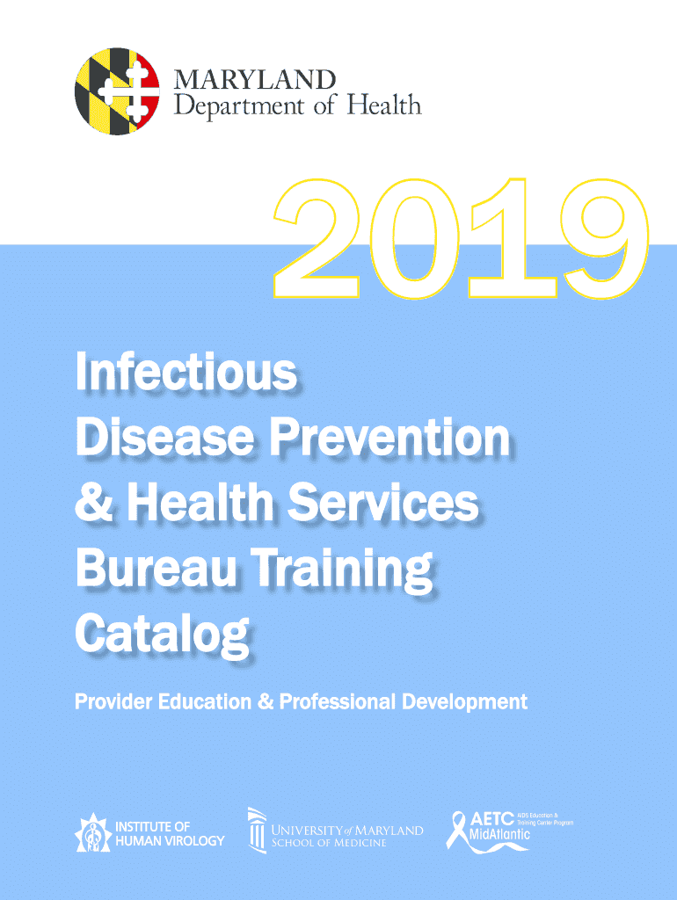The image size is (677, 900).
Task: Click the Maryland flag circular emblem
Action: tap(117, 91)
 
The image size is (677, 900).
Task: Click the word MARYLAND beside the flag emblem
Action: tap(254, 80)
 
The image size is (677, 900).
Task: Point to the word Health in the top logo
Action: tap(384, 105)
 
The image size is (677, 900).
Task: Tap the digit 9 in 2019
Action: tap(605, 239)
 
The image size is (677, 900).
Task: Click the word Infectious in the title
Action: tap(186, 372)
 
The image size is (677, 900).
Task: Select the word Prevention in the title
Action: tap(389, 438)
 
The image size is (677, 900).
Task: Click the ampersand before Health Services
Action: tap(94, 502)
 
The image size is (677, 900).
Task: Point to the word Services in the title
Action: tap(383, 502)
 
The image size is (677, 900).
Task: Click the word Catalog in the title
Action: tap(163, 635)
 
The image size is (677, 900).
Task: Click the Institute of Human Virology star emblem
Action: tap(93, 833)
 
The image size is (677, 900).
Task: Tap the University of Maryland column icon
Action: tap(257, 830)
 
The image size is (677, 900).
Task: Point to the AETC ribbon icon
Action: tap(458, 830)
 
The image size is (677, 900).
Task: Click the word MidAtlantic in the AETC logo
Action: tap(499, 833)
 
